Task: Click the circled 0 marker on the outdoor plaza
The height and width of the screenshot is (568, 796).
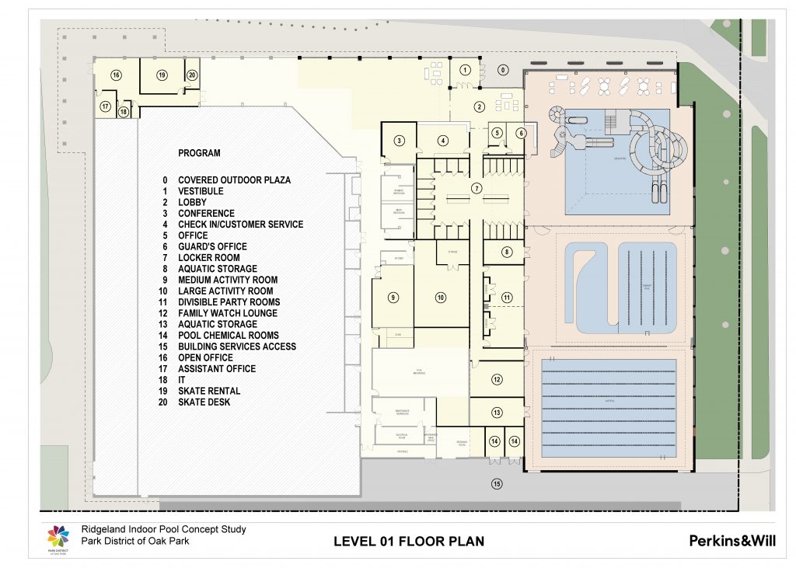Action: [502, 70]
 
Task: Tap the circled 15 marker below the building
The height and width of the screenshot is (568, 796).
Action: [496, 484]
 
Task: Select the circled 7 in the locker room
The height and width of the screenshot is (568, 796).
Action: [477, 188]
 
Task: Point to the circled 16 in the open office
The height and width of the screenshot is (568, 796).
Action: [116, 75]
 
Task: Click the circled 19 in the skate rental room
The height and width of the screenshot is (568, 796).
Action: [162, 75]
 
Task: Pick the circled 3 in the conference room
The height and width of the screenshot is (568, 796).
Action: [400, 141]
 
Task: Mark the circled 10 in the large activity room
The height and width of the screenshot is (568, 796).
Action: [441, 298]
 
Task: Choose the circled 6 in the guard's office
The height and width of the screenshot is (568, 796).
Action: [520, 133]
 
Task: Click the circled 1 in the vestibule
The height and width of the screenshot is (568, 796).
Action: [465, 70]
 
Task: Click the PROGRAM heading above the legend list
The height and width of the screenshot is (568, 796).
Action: [199, 153]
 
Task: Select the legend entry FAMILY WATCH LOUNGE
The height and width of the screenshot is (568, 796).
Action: [227, 313]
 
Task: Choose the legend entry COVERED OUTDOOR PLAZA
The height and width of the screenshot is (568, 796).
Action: [234, 180]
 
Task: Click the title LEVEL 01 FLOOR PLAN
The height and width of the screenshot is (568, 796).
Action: [408, 541]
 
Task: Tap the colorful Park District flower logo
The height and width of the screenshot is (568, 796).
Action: [58, 536]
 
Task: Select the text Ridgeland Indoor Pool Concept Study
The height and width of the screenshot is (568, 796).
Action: [163, 529]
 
